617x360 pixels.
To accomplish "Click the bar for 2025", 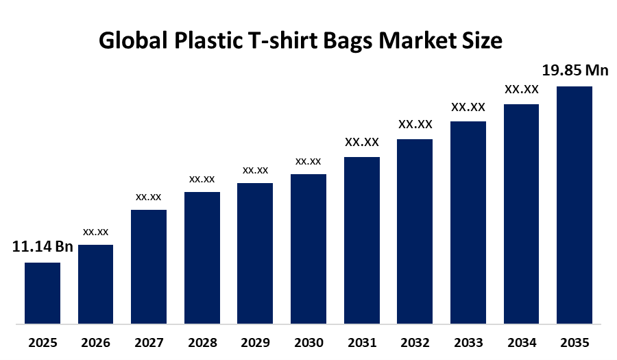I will (x=43, y=293).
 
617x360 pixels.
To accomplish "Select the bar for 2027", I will (x=149, y=266).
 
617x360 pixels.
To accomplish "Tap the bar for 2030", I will (x=308, y=248).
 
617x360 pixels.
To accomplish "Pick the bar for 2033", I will (x=468, y=222).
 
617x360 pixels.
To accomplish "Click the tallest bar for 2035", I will (x=574, y=204).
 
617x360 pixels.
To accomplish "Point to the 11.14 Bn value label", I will (x=43, y=247).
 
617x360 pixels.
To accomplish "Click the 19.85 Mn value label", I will (x=574, y=70).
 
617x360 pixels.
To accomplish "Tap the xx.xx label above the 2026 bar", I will (x=95, y=232).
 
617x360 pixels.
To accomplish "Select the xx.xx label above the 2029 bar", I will (x=255, y=170).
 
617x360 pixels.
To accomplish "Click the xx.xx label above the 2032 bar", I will (x=415, y=124).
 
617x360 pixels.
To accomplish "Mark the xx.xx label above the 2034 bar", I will (x=521, y=89).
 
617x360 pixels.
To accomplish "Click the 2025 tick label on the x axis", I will (x=43, y=342).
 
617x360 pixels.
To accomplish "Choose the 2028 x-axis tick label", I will (x=202, y=342).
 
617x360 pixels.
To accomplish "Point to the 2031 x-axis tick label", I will (x=361, y=342).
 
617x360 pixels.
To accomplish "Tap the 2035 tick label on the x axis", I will (x=574, y=342).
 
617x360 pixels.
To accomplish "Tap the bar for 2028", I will (x=202, y=257).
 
